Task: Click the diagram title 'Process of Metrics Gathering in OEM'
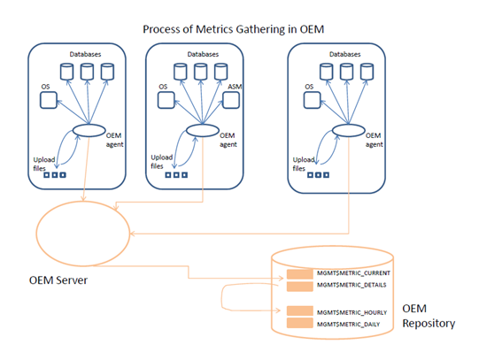234,29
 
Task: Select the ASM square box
231,100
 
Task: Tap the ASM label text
235,87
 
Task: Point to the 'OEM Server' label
58,280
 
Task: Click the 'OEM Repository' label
429,316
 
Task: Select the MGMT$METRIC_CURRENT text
353,273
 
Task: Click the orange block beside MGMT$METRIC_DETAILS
299,287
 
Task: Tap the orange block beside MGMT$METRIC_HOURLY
299,310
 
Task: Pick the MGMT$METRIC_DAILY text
348,325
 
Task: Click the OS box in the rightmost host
313,100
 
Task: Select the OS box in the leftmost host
49,100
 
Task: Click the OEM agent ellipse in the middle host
203,131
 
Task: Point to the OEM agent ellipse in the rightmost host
349,131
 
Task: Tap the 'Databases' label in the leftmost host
85,54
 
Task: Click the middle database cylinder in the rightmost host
347,72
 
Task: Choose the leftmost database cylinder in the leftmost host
67,72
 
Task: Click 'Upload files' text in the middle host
162,162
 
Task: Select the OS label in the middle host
163,87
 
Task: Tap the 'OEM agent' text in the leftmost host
114,140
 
